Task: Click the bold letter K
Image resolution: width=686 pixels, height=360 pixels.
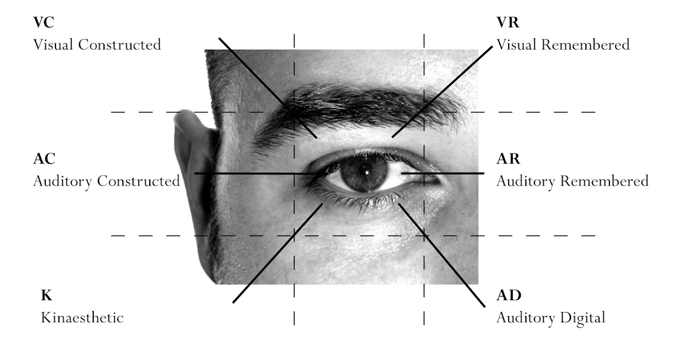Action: (45, 295)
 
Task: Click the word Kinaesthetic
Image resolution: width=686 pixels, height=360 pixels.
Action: (82, 318)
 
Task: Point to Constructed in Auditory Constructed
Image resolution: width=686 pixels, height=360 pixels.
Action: (138, 182)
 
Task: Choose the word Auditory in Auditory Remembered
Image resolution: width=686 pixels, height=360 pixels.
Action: (527, 182)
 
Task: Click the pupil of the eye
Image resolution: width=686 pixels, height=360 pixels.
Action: (364, 172)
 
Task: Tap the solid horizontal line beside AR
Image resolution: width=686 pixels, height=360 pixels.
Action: (452, 173)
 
